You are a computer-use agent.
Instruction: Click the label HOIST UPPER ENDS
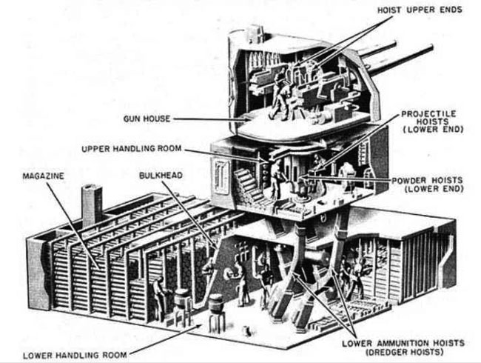coord(420,10)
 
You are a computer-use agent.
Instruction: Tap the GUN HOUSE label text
coord(147,119)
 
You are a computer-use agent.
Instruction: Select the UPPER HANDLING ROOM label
coord(131,149)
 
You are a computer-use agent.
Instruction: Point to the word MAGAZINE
coord(43,176)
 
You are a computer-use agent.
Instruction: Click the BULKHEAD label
coord(161,176)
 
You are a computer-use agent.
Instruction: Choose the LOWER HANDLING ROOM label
coord(75,356)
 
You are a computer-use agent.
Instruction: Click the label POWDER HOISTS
coord(427,180)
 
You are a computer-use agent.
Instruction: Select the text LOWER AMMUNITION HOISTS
coord(403,343)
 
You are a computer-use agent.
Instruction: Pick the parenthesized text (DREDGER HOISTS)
coord(404,352)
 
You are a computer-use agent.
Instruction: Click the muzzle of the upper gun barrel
coord(430,48)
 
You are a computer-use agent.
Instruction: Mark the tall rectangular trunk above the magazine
coord(92,204)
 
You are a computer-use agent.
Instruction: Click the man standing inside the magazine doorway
coord(160,299)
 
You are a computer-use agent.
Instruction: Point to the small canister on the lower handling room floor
coord(246,330)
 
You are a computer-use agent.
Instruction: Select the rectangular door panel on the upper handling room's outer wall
coord(222,176)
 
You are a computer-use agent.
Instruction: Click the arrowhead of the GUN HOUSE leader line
coord(246,120)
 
